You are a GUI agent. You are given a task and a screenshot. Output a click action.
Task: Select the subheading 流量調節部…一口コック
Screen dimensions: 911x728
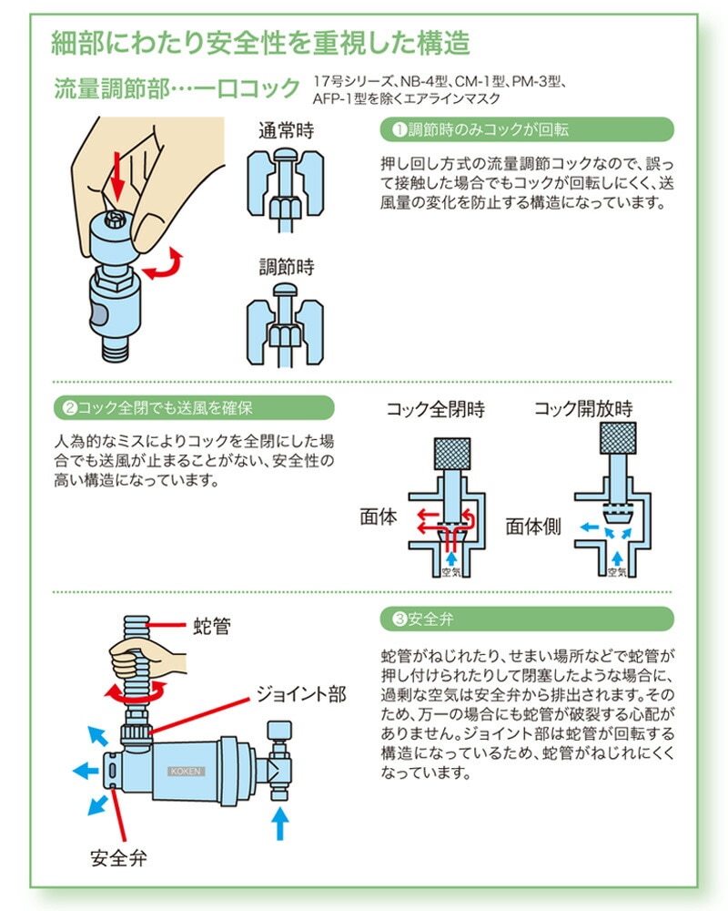click(177, 88)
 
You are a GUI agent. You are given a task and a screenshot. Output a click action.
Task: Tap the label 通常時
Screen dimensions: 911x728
click(286, 130)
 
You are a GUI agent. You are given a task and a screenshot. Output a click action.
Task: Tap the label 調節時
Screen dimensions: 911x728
click(286, 268)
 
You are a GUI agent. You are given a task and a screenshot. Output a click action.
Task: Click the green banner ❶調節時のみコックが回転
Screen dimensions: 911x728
click(525, 130)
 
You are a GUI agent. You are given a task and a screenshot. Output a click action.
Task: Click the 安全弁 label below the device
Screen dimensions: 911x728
click(119, 857)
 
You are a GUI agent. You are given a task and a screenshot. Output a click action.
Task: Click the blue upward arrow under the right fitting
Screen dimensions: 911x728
click(280, 825)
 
